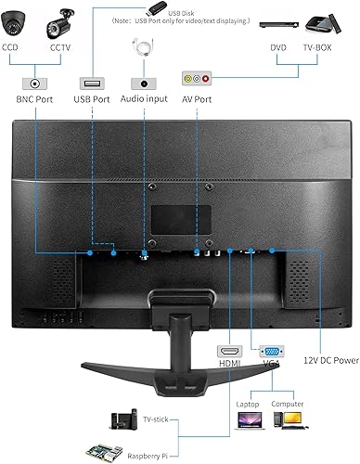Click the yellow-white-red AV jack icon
click(198, 82)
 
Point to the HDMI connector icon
click(228, 352)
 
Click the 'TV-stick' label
click(155, 419)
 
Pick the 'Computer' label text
click(288, 404)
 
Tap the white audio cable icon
click(142, 47)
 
